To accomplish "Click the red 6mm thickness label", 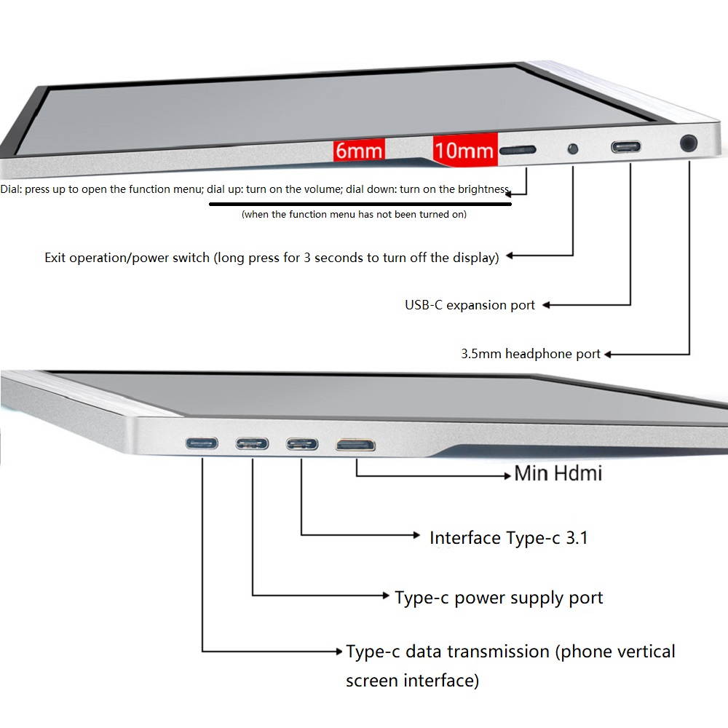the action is tap(359, 151).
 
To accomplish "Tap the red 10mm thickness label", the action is tap(464, 149).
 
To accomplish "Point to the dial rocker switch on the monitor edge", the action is tap(518, 150).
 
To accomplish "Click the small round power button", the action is tap(573, 149).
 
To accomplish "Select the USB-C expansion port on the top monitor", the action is tap(626, 147).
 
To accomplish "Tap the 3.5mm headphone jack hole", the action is tap(689, 143).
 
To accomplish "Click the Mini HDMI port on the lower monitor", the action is tap(356, 446).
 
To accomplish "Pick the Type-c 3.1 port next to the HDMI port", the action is tap(302, 444).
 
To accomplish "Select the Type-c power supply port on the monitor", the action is tap(252, 444).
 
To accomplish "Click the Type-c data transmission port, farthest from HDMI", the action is tap(202, 443).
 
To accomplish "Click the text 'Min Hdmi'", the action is tap(558, 474).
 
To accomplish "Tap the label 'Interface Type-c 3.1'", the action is tap(509, 538).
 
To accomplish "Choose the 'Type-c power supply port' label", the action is tap(499, 598).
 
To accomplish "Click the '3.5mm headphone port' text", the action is tap(531, 354).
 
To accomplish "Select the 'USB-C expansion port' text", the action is tap(470, 305).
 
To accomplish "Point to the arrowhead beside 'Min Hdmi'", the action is tap(507, 475).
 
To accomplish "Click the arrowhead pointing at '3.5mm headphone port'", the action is tap(608, 355).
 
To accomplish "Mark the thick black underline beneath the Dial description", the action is tap(360, 204).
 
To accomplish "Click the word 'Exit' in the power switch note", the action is tap(55, 258).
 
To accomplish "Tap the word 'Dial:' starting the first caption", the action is tap(11, 189).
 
